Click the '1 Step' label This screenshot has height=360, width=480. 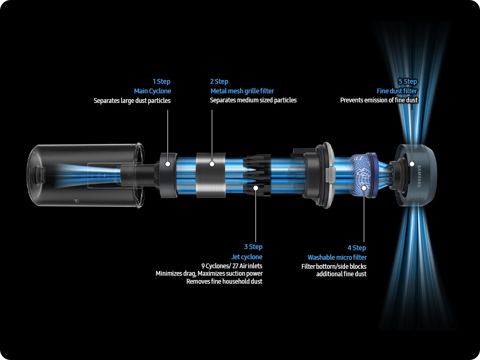coord(162,82)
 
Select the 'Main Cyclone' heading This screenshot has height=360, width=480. coord(153,91)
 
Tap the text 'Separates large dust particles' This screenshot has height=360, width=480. coord(132,100)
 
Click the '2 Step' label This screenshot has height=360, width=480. coord(219,82)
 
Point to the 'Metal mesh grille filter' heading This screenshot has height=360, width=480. coord(242,91)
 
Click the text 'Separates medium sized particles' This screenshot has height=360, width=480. coord(253,100)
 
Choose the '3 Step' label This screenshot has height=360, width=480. coord(253,247)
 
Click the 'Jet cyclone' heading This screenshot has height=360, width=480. coord(247,257)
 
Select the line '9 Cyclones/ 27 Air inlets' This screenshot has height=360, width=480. coord(231,266)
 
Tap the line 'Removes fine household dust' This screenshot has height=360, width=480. coord(224,281)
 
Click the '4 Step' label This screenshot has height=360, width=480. coord(357,248)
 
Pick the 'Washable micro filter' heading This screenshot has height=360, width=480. coord(337,258)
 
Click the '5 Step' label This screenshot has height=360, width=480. coord(408,82)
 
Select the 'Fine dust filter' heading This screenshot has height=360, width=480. coord(397,91)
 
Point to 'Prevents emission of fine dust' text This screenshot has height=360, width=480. coord(379,100)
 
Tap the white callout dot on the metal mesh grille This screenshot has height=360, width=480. coord(212,164)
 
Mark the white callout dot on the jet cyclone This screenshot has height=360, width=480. coord(257,187)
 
